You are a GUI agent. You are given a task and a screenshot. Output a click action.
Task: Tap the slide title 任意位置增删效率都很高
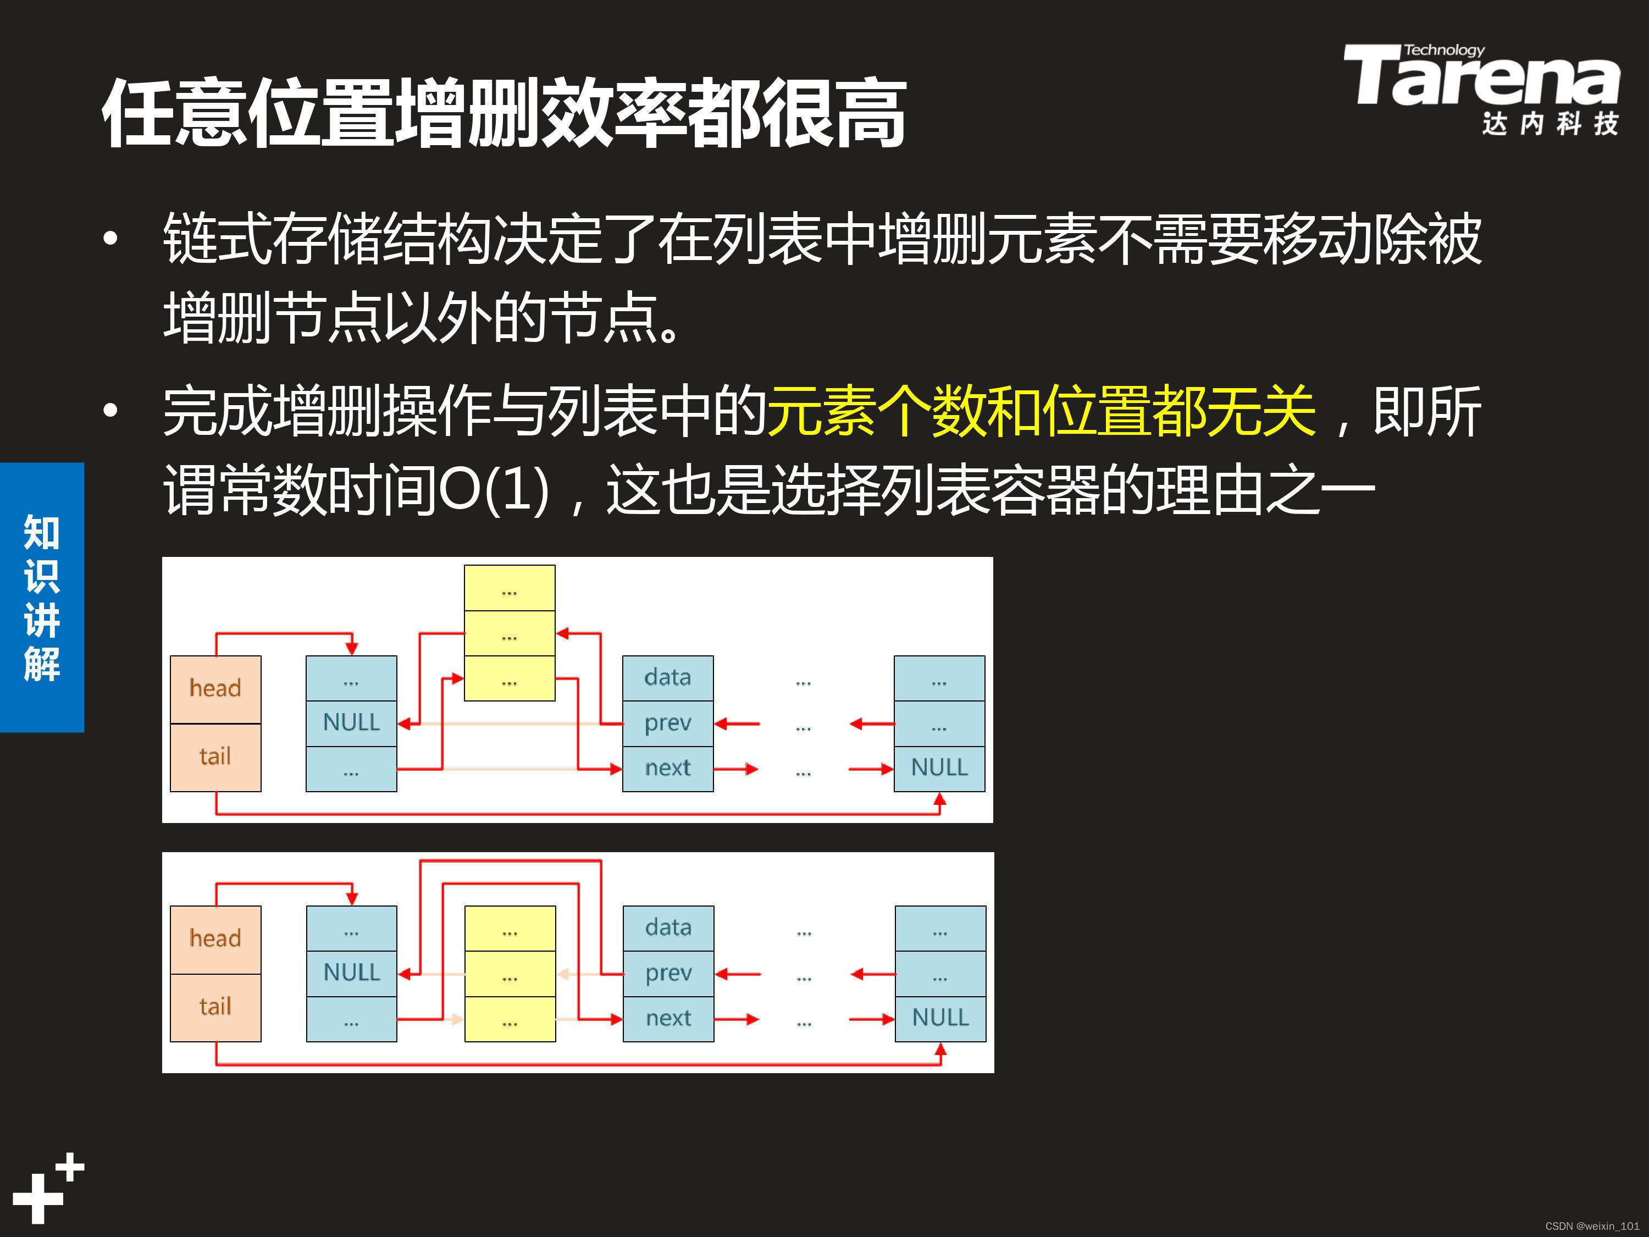(x=504, y=113)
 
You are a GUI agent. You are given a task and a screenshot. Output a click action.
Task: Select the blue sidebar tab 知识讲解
(x=42, y=597)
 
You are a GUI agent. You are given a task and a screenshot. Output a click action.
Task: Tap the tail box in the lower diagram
(x=215, y=1007)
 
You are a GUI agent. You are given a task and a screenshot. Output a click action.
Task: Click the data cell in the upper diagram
(x=667, y=678)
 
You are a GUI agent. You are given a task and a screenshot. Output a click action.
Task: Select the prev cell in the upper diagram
(x=667, y=724)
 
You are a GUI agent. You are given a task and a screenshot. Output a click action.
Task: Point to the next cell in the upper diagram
(x=667, y=768)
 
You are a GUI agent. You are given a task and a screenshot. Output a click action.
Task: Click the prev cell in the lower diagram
(x=668, y=974)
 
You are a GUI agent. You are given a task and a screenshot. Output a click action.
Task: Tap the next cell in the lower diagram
(x=668, y=1019)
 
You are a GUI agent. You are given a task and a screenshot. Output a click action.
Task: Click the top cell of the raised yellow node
(x=509, y=588)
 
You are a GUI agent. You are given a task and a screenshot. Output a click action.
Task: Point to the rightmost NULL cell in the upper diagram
(x=939, y=768)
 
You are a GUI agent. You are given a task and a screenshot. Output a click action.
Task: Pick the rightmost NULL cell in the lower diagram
(x=940, y=1019)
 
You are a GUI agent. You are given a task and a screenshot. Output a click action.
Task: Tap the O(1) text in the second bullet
(x=494, y=490)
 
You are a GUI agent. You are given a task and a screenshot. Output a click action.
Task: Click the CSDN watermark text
(x=1592, y=1226)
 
